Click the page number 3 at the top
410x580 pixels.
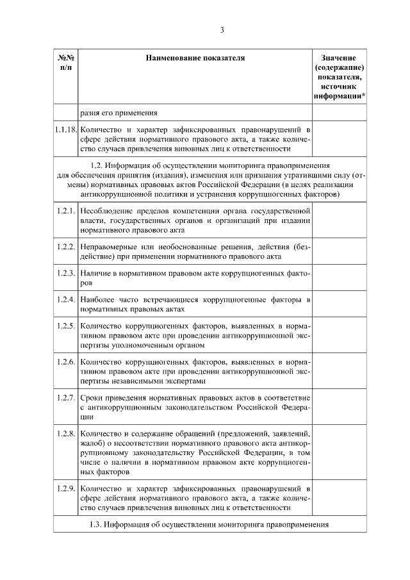(222, 29)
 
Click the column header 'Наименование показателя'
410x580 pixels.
(195, 58)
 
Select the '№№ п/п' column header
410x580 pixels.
(65, 62)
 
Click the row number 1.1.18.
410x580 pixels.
(65, 129)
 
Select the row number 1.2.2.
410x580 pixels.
(65, 246)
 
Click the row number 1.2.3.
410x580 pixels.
(65, 273)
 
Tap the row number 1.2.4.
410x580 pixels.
(65, 300)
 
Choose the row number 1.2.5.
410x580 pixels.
(65, 326)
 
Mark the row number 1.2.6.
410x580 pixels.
(65, 362)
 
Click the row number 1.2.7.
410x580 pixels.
(65, 398)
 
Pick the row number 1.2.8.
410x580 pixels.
(65, 434)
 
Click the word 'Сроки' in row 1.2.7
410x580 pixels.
(92, 398)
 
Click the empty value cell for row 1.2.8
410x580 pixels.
(340, 452)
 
